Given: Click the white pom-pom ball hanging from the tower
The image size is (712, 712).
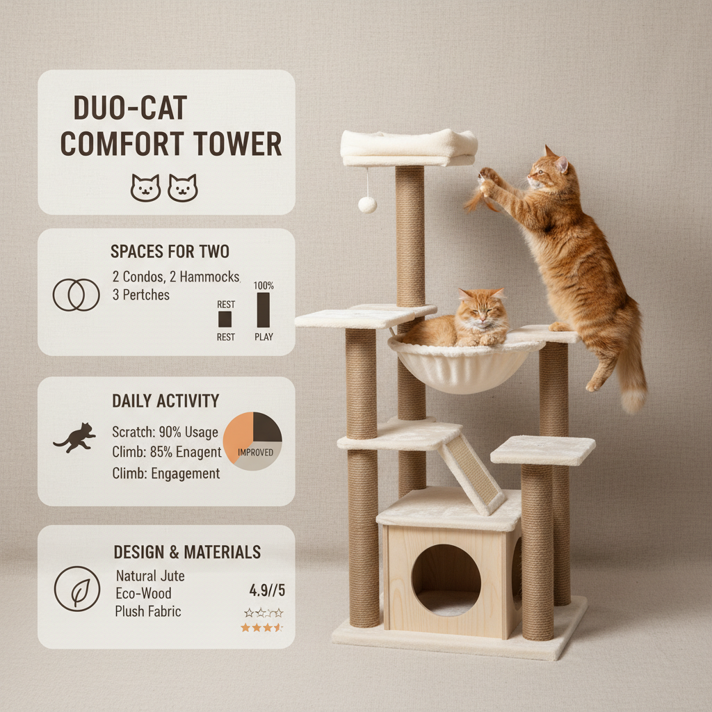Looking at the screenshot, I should [x=367, y=204].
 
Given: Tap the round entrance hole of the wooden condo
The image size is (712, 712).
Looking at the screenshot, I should [x=446, y=579].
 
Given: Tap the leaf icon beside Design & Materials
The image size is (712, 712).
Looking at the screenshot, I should [x=76, y=588].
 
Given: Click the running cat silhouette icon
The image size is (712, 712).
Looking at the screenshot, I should [x=74, y=437].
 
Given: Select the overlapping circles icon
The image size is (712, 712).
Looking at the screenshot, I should [x=76, y=294].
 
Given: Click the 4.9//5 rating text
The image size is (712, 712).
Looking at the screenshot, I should [x=267, y=591].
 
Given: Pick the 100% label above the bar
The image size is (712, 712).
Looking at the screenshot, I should [x=264, y=286].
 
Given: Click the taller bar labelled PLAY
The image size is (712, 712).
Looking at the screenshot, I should [x=264, y=310].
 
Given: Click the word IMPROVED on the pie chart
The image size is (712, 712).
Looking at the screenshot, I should [x=254, y=453].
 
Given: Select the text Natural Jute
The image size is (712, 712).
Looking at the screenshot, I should [x=149, y=576].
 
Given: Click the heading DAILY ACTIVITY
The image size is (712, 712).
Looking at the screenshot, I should [x=165, y=400].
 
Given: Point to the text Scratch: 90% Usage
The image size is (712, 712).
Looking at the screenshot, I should [x=165, y=432].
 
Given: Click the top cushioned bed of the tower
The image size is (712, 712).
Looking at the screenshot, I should [x=409, y=146].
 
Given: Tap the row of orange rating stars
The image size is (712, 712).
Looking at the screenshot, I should [x=262, y=627].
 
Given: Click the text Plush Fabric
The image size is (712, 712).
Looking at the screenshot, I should [x=148, y=611].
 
